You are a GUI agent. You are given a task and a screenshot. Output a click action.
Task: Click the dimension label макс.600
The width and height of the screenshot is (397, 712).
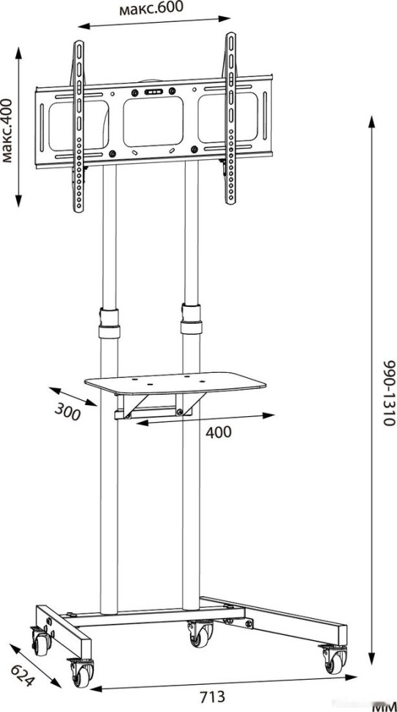pos(152,8)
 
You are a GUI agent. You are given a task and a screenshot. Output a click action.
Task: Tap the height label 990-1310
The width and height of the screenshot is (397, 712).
pos(389,393)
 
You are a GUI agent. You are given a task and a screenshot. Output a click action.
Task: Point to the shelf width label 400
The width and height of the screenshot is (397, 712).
pos(219,432)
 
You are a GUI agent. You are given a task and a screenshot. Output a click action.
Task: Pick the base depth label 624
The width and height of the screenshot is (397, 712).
pos(22,675)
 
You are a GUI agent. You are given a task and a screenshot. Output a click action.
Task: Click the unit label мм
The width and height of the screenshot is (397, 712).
pos(384,708)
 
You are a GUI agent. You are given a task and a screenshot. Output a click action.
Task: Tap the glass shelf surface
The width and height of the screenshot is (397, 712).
pos(175,383)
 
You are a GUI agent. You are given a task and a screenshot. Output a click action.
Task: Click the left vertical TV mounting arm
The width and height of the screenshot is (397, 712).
pos(79,126)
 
